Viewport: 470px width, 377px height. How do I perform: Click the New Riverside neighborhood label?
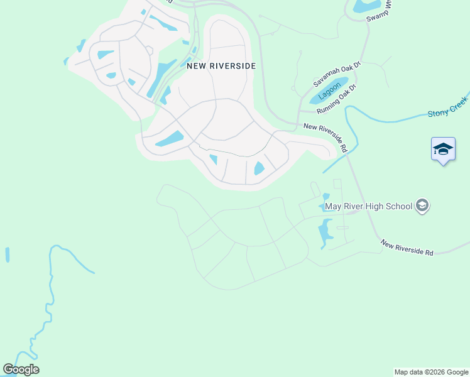click(x=221, y=65)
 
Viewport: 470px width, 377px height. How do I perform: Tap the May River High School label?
click(x=368, y=206)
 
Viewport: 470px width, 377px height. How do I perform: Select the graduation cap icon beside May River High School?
click(x=423, y=206)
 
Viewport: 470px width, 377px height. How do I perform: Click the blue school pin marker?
click(x=443, y=150)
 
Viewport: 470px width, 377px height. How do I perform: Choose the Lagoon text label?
click(x=330, y=90)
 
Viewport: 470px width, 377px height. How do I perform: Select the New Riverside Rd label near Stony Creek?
click(x=325, y=138)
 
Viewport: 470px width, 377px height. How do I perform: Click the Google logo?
click(x=21, y=369)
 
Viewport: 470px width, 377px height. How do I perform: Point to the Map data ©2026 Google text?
click(x=431, y=372)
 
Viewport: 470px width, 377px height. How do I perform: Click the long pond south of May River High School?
click(x=324, y=232)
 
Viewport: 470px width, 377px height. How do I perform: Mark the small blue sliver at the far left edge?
click(x=8, y=254)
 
